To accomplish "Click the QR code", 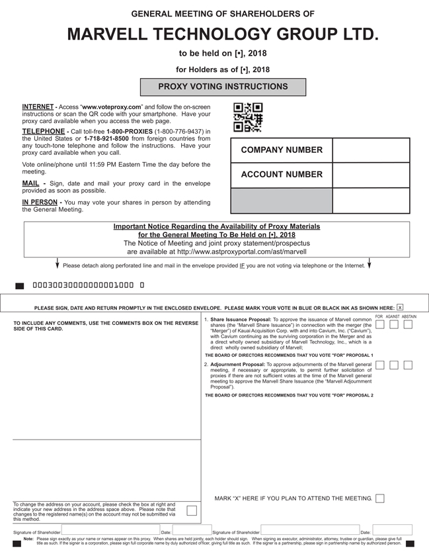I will [248, 118].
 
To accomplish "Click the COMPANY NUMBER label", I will [282, 150].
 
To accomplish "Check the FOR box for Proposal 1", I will [379, 324].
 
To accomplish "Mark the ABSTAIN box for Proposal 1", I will [408, 324].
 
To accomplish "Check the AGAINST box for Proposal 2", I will [394, 365].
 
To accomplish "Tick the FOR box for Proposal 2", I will [379, 365].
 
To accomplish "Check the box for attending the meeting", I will [379, 498].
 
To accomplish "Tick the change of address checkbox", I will [191, 510].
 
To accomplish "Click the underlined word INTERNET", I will [38, 107].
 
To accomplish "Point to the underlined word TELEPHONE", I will [43, 132].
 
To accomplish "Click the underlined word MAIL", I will [30, 183].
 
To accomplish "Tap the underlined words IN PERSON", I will [40, 202].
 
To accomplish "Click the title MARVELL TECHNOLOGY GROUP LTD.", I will [223, 34].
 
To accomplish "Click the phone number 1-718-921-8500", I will [106, 138].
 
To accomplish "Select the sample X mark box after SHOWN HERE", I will [400, 308].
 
